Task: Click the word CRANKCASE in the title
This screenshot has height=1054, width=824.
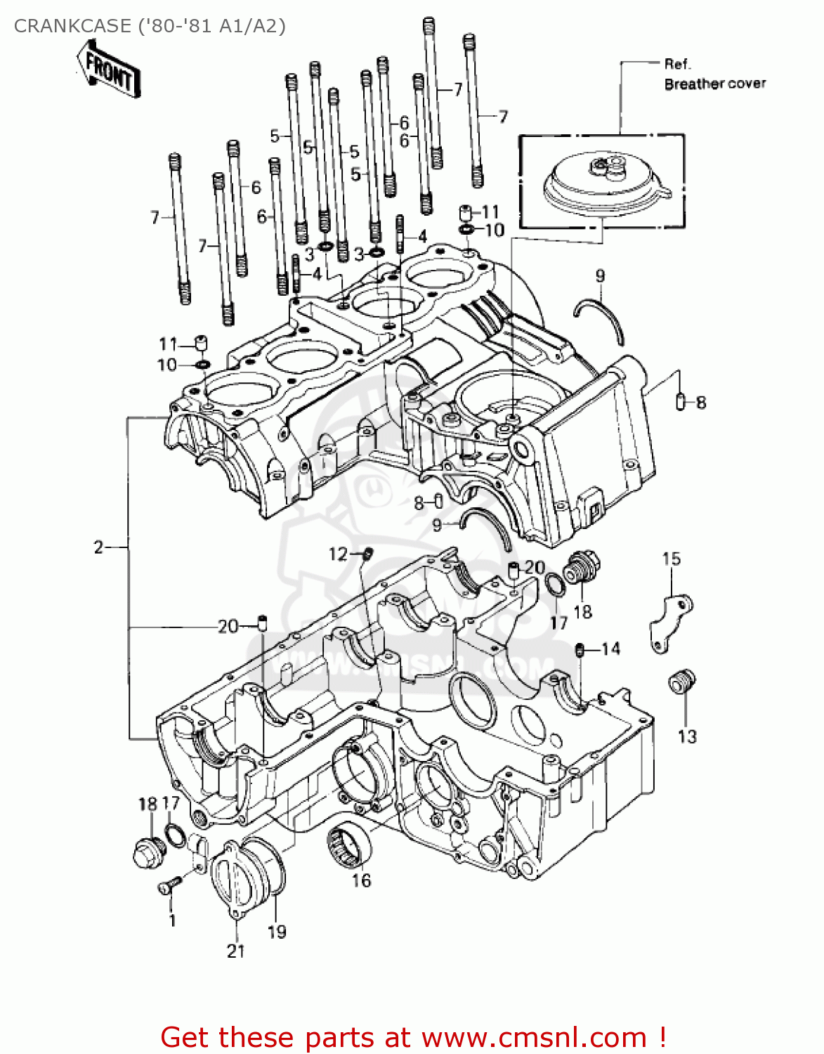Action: point(72,26)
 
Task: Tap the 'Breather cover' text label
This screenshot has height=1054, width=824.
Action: point(714,84)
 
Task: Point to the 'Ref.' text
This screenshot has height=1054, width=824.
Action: point(677,64)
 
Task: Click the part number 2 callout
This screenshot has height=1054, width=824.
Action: point(98,547)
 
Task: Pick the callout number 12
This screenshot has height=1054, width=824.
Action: point(338,554)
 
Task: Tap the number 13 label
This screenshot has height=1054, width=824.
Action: point(686,736)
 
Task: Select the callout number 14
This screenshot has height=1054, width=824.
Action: point(610,649)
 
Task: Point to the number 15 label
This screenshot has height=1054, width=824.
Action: point(671,559)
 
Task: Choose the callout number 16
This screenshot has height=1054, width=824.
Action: point(361,880)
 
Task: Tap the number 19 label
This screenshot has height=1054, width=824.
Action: point(277,932)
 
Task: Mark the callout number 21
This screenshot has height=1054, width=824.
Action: point(235,951)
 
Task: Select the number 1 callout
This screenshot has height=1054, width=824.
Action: point(172,920)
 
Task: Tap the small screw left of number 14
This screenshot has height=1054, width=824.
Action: point(580,650)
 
